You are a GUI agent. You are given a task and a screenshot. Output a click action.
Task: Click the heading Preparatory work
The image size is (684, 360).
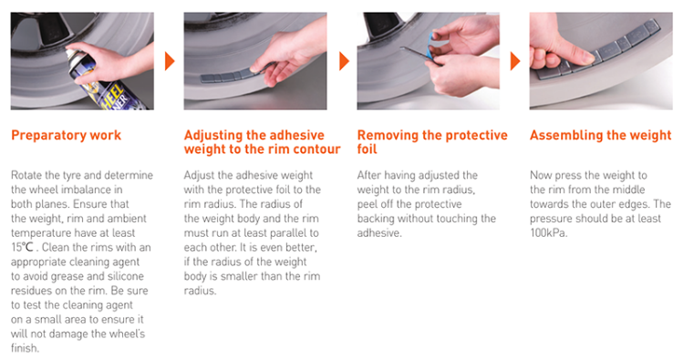(66, 136)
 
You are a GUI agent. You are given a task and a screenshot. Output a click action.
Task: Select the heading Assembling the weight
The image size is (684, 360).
(600, 136)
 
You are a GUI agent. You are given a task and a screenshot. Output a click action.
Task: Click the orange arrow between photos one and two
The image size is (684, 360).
(170, 61)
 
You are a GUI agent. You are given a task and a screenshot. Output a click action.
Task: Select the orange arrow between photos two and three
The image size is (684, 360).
(344, 61)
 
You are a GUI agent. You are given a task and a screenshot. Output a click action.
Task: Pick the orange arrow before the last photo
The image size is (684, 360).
(515, 61)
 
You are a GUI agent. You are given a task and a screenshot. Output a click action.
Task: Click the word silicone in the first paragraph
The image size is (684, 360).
(124, 276)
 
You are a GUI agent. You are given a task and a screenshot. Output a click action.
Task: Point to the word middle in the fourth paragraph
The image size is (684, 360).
(627, 190)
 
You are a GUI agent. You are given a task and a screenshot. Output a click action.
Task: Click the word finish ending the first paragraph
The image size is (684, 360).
(24, 348)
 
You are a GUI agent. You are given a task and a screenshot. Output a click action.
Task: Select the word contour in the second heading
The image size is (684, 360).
(316, 149)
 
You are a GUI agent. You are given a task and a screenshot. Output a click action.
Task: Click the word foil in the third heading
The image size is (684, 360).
(367, 149)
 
